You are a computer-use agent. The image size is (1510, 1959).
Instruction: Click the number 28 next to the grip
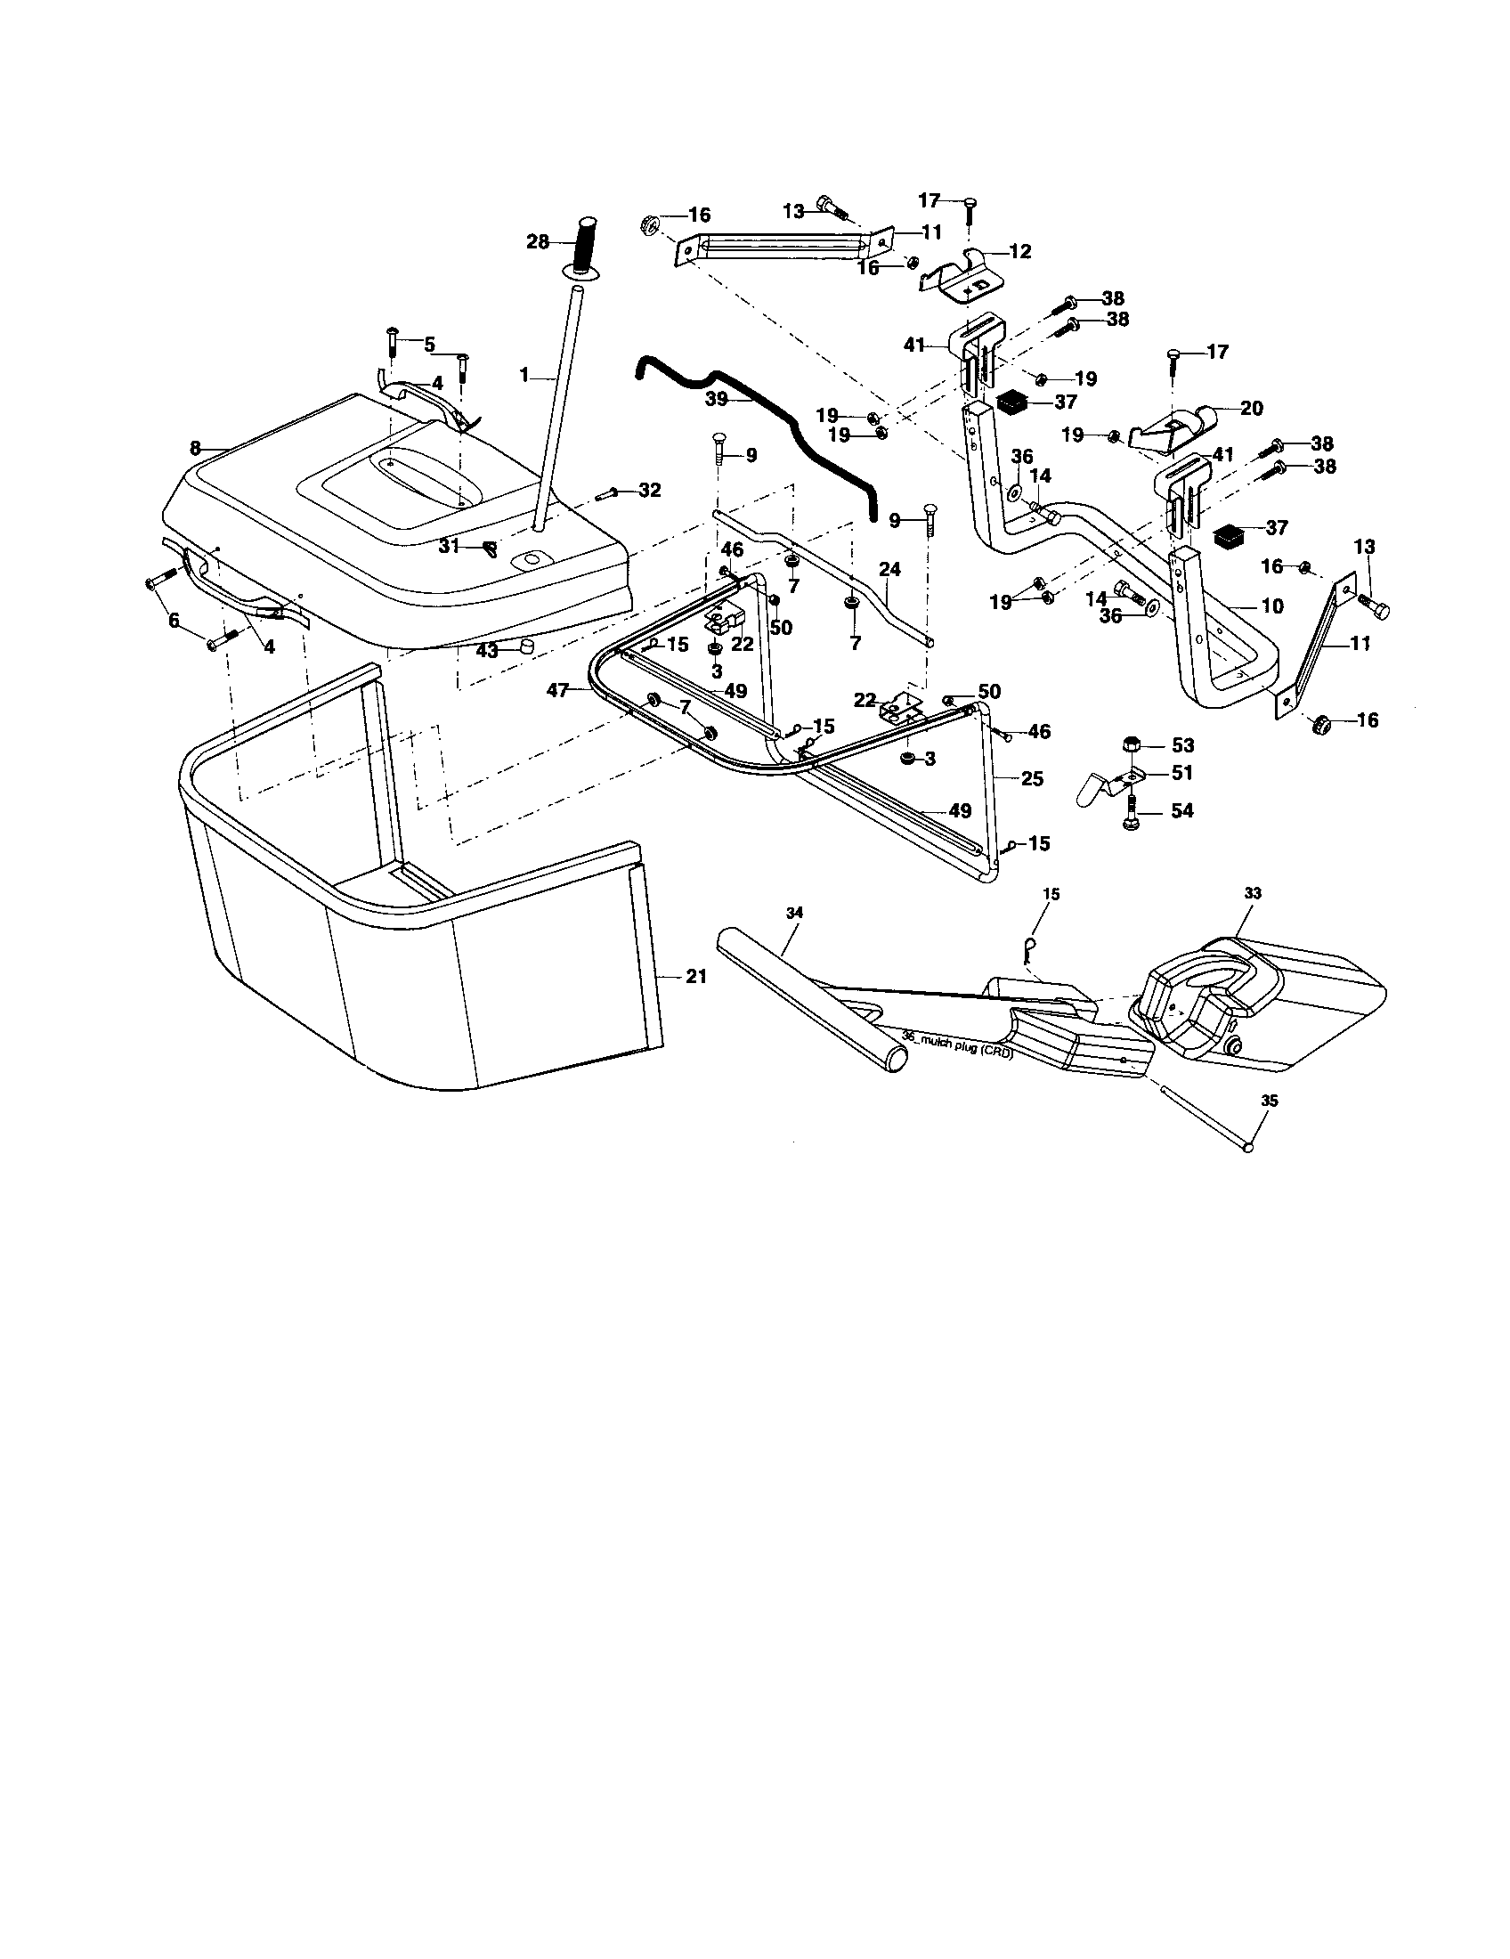(x=537, y=242)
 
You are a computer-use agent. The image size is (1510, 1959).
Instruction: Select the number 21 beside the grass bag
(x=696, y=977)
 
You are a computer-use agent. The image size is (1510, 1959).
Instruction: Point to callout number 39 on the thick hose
(x=716, y=399)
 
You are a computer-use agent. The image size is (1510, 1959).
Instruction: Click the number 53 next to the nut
(x=1182, y=744)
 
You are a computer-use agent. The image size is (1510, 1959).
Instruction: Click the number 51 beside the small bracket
(x=1182, y=772)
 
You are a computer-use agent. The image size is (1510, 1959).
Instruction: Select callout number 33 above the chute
(x=1253, y=893)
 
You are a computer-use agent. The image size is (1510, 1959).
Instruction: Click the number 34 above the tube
(x=794, y=912)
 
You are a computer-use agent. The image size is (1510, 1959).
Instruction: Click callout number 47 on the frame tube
(x=558, y=690)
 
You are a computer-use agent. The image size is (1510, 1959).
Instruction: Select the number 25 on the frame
(x=1032, y=778)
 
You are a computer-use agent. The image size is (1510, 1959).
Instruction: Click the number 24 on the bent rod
(x=889, y=569)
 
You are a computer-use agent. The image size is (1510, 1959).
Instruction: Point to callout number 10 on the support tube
(x=1271, y=606)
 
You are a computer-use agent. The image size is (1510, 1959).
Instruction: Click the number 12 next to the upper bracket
(x=1020, y=252)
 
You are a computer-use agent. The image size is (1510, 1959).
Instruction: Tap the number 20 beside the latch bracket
(x=1251, y=409)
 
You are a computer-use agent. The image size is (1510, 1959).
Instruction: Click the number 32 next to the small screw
(x=649, y=490)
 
